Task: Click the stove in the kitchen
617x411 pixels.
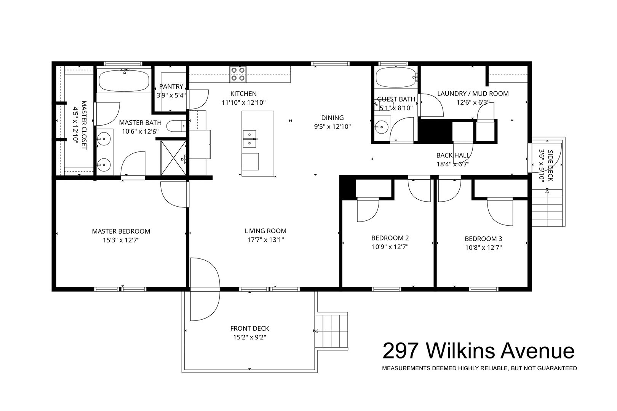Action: point(238,74)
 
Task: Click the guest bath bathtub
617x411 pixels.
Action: point(396,77)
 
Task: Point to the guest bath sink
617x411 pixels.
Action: point(381,127)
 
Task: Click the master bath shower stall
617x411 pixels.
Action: point(174,158)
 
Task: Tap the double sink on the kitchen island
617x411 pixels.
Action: point(249,139)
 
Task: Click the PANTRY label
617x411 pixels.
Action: point(171,86)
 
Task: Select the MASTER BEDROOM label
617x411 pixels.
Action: point(121,231)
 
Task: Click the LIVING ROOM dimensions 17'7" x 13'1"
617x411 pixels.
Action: point(265,240)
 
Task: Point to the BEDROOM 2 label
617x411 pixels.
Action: point(390,238)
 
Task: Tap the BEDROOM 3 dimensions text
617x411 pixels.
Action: point(483,247)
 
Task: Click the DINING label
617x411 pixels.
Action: point(332,118)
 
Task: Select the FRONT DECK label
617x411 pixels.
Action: point(249,328)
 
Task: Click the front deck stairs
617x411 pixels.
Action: point(332,331)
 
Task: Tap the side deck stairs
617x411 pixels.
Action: point(547,208)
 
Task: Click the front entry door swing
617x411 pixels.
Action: point(205,289)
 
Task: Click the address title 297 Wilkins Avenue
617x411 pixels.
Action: point(478,351)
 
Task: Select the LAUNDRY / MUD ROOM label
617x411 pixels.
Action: point(473,94)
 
